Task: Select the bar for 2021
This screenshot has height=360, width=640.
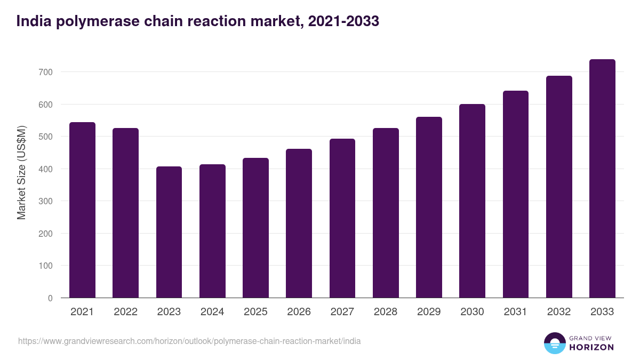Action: pyautogui.click(x=82, y=210)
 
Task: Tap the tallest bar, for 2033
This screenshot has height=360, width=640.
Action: pyautogui.click(x=602, y=179)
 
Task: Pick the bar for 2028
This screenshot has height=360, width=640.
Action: pyautogui.click(x=386, y=213)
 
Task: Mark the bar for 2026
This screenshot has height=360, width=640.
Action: pyautogui.click(x=299, y=223)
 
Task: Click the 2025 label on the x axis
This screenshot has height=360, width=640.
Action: pyautogui.click(x=255, y=312)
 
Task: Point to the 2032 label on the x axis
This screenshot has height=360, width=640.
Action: pyautogui.click(x=559, y=312)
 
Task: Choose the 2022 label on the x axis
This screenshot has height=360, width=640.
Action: pyautogui.click(x=125, y=312)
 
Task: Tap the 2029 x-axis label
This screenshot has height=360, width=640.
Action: pyautogui.click(x=429, y=312)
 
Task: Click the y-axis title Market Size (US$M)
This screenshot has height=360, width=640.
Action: pyautogui.click(x=21, y=172)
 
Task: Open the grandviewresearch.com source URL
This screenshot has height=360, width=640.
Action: pyautogui.click(x=189, y=341)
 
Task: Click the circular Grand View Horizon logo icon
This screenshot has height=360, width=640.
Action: pyautogui.click(x=554, y=343)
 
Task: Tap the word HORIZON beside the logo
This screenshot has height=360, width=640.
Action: pyautogui.click(x=591, y=347)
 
